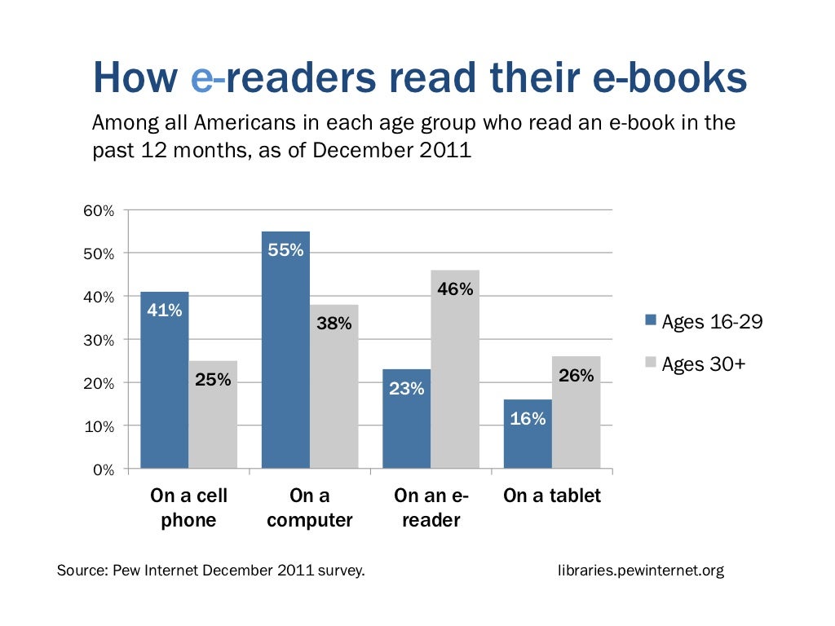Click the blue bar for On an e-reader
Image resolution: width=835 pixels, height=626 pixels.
[x=406, y=419]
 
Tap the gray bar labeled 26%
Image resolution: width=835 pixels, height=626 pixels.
[x=577, y=412]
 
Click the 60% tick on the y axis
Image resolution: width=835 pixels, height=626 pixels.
[x=98, y=210]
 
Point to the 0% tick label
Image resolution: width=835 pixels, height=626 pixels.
[x=103, y=469]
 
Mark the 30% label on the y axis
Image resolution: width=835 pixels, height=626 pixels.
[x=98, y=340]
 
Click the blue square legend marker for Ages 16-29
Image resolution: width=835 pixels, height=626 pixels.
[x=651, y=321]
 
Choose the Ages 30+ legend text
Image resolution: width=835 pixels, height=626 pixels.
[x=703, y=364]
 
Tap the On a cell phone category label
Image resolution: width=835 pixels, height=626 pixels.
[x=188, y=508]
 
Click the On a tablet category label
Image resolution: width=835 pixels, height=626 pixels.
[x=552, y=496]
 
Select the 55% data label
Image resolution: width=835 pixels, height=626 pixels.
[x=285, y=251]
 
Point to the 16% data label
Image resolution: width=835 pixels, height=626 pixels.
[x=528, y=419]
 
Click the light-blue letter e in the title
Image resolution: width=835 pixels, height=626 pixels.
[x=201, y=79]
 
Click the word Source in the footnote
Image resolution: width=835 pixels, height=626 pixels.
[x=79, y=571]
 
